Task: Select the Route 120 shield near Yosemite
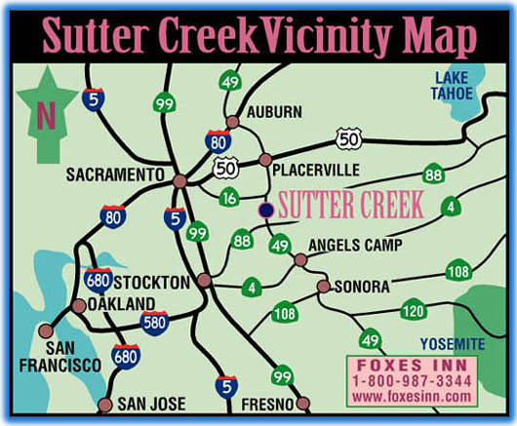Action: tap(414, 310)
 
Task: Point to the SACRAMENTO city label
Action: tap(111, 174)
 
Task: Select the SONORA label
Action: tap(361, 287)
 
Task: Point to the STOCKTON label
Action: tap(150, 282)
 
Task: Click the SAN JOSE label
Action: tap(150, 404)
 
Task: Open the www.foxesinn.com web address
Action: tap(411, 398)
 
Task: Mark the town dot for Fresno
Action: tap(302, 403)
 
